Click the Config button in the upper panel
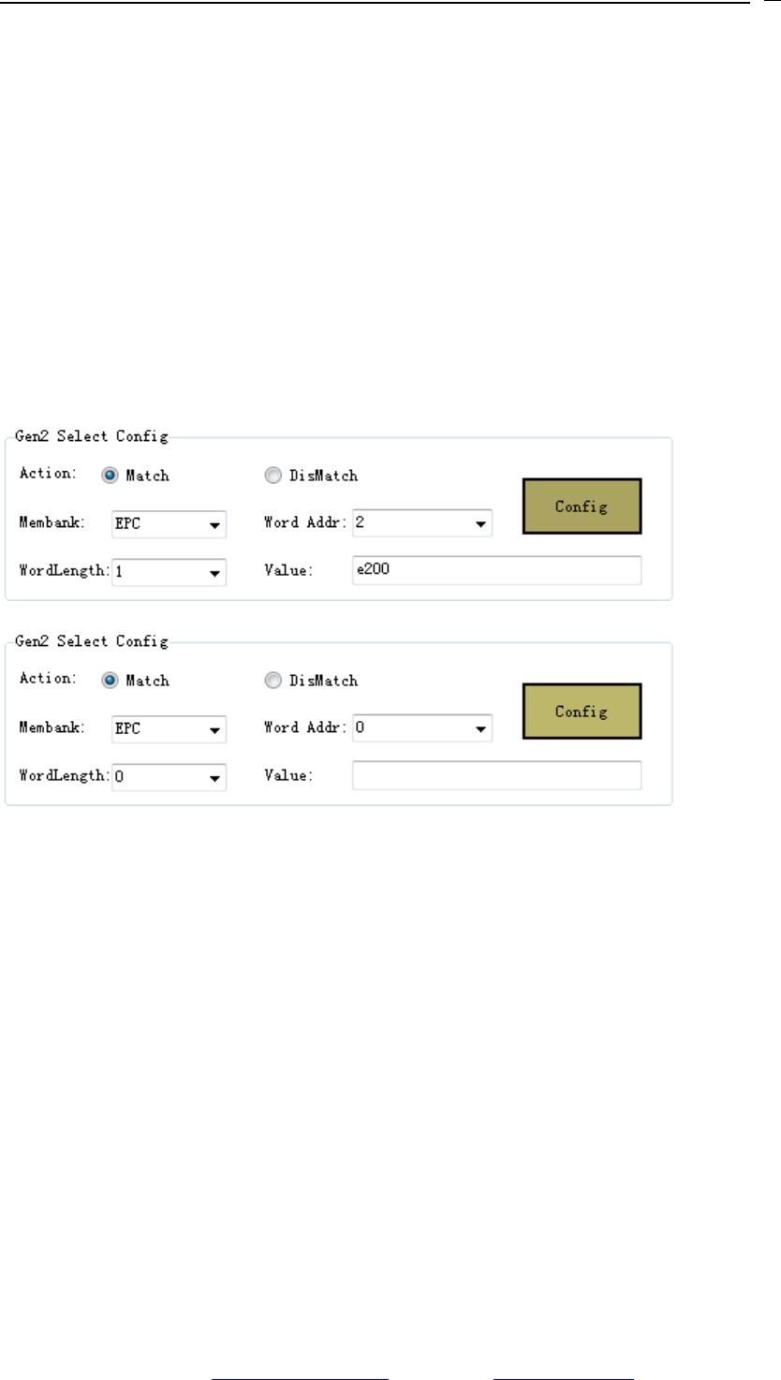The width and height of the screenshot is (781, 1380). tap(582, 506)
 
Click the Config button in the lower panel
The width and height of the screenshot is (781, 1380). tap(582, 712)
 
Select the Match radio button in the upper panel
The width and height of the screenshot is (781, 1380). tap(111, 476)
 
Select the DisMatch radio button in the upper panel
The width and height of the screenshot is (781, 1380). tap(273, 476)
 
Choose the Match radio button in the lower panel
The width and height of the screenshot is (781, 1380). tap(111, 681)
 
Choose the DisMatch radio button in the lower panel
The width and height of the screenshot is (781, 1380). tap(273, 681)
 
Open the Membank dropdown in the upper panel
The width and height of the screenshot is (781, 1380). tap(169, 524)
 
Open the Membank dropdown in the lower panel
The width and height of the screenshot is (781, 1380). tap(169, 728)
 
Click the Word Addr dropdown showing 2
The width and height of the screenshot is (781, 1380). tap(421, 524)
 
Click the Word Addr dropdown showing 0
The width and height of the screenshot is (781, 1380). tap(421, 727)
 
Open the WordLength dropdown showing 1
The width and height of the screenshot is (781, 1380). tap(169, 571)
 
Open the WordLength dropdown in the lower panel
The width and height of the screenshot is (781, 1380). tap(169, 776)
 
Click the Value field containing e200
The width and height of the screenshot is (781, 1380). tap(496, 570)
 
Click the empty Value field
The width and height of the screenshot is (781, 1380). tap(496, 775)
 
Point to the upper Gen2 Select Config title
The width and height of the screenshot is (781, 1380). tap(92, 436)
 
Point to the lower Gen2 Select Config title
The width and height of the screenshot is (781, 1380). tap(92, 641)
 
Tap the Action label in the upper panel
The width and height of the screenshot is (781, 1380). tap(47, 473)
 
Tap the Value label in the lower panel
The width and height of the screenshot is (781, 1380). tap(287, 775)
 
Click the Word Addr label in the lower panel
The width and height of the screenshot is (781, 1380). tap(305, 727)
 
